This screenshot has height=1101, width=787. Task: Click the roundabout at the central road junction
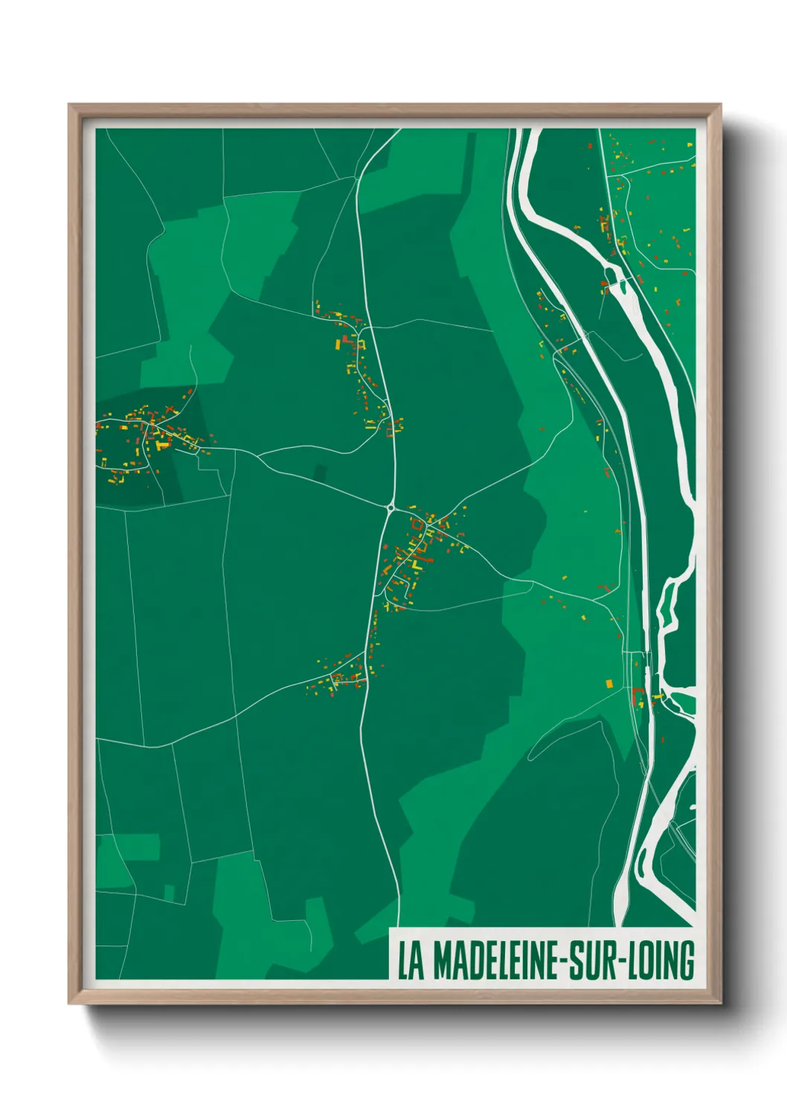(391, 509)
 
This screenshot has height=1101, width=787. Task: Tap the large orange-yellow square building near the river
(609, 683)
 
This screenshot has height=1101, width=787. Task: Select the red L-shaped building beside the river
(636, 696)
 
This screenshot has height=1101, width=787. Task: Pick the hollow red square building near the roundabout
(417, 524)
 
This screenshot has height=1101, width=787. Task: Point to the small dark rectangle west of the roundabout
(320, 472)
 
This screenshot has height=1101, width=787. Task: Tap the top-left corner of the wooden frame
(70, 106)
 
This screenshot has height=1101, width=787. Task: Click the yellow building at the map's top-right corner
(691, 144)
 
